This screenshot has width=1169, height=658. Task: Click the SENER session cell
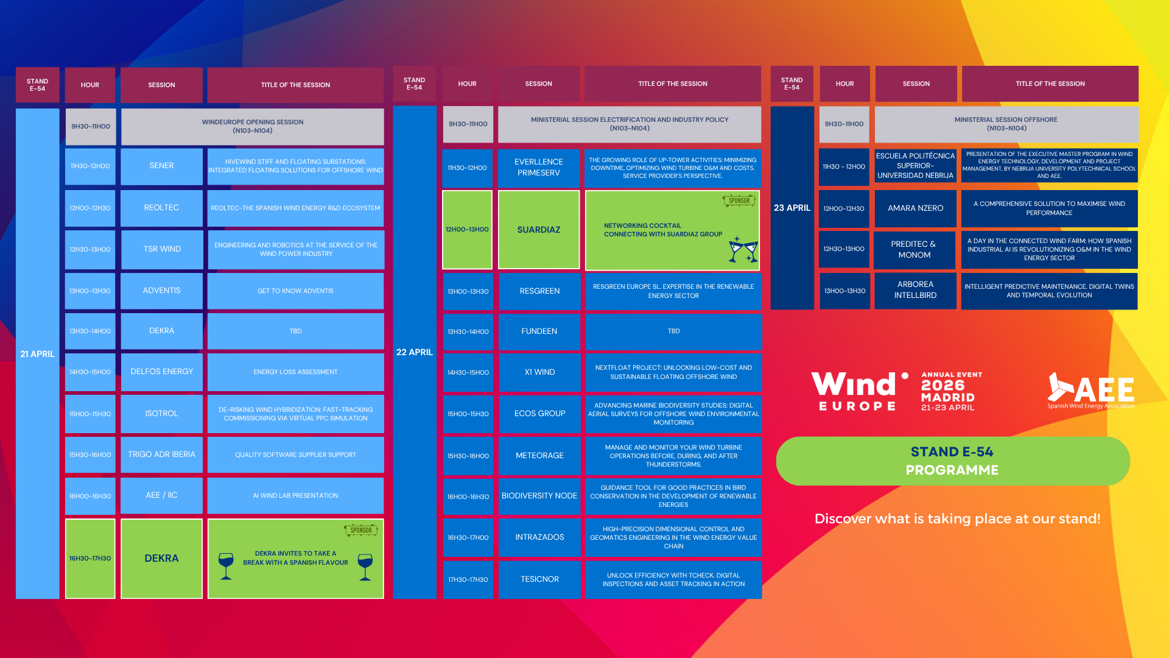pos(161,166)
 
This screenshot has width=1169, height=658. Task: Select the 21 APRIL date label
pos(37,354)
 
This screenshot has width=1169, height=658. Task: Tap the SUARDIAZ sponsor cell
pos(539,230)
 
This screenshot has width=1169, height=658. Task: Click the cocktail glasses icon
pos(743,249)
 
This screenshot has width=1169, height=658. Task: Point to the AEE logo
pos(1090,391)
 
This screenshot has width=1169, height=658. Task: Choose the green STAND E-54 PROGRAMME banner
pos(953,461)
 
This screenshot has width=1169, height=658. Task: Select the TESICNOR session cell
pos(539,579)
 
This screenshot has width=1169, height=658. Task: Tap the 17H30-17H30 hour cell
pos(468,579)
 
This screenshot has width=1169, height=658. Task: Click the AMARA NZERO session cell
pos(915,208)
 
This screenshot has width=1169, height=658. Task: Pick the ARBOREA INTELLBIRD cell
pos(915,290)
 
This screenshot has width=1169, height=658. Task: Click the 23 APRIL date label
pos(792,208)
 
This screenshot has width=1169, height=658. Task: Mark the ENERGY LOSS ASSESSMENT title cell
pos(295,372)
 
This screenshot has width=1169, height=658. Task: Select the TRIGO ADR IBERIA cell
pos(161,455)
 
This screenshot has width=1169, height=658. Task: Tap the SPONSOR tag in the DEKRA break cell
pos(361,530)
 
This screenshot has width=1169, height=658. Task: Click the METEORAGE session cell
pos(539,456)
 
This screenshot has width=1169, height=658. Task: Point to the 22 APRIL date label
pos(415,352)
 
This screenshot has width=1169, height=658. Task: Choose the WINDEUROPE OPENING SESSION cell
pos(253,127)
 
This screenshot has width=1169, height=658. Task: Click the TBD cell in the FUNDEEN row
pos(673,331)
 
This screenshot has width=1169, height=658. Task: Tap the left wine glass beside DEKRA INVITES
pos(226,567)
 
